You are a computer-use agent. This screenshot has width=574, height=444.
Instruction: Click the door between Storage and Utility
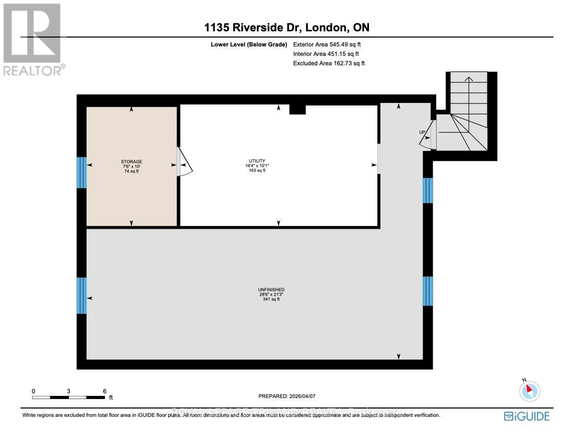(x=184, y=161)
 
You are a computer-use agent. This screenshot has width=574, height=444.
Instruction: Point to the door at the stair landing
(x=432, y=135)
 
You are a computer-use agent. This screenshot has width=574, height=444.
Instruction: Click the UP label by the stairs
(x=422, y=132)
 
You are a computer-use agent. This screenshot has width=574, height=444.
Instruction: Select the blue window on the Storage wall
(x=81, y=172)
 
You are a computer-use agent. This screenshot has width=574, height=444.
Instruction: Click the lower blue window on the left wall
(x=81, y=295)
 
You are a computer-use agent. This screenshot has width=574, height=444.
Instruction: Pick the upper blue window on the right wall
(x=427, y=190)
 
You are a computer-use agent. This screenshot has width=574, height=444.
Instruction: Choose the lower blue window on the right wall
(x=427, y=291)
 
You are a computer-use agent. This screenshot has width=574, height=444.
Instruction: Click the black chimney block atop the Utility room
(x=297, y=109)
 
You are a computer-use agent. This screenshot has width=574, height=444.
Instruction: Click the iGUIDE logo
(x=527, y=416)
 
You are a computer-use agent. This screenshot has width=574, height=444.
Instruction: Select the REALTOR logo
(x=32, y=40)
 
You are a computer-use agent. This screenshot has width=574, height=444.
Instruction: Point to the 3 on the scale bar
(x=69, y=391)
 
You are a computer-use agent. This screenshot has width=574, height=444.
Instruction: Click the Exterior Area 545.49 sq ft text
(x=327, y=45)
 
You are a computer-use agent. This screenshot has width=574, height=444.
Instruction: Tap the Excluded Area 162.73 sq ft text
(x=329, y=63)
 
